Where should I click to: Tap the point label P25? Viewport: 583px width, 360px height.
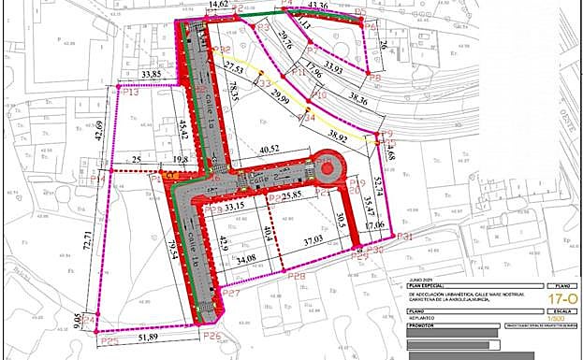tap(109, 341)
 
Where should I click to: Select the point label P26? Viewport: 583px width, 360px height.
tap(212, 336)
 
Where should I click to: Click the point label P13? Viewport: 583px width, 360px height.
tap(130, 93)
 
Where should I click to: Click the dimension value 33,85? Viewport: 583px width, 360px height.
tap(151, 74)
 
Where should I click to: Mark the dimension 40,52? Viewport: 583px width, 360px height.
tap(270, 149)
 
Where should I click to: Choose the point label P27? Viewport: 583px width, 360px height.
tap(232, 294)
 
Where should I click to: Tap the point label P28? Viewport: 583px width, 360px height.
tap(299, 277)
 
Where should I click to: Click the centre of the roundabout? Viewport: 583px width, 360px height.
tap(329, 171)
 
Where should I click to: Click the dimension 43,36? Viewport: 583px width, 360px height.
tap(317, 7)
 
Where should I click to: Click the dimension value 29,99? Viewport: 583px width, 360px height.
tap(276, 101)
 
